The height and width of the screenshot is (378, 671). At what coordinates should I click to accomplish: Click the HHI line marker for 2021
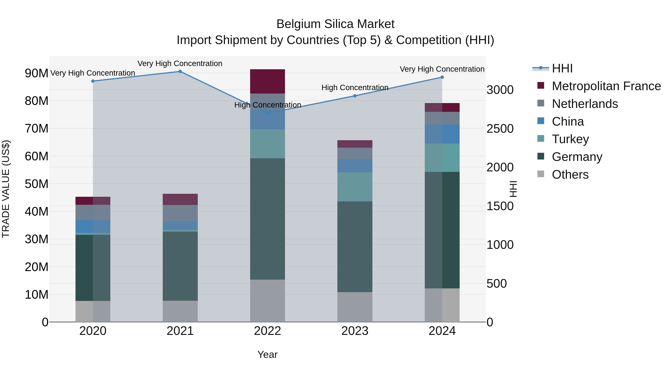pos(180,71)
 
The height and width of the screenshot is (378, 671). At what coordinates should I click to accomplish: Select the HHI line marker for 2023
pos(355,96)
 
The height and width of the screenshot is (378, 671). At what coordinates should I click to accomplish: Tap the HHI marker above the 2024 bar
pos(442,77)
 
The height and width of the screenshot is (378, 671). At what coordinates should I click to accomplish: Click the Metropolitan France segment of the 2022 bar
pos(267,81)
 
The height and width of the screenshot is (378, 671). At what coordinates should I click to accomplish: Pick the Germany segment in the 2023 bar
pos(355,247)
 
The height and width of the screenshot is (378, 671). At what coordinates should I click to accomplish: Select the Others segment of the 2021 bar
pos(180,311)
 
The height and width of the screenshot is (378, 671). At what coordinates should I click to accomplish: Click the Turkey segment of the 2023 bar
pos(355,187)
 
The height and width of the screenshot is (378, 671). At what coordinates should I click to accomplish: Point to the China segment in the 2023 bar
pos(355,166)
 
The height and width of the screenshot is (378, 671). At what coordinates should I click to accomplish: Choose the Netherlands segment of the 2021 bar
pos(180,213)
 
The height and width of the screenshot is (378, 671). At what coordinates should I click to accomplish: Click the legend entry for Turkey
pos(570,139)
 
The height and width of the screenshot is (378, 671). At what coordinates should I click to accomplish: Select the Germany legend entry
pos(577,157)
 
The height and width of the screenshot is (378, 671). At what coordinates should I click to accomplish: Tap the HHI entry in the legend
pos(562,68)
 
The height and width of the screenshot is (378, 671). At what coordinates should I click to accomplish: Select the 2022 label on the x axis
pos(267,331)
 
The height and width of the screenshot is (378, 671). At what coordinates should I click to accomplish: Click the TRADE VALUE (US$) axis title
pos(6,189)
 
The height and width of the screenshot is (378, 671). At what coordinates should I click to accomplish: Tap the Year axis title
pos(267,354)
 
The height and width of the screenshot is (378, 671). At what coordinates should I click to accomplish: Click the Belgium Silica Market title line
pos(335,24)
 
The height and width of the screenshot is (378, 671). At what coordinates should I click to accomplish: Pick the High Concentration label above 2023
pos(355,87)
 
